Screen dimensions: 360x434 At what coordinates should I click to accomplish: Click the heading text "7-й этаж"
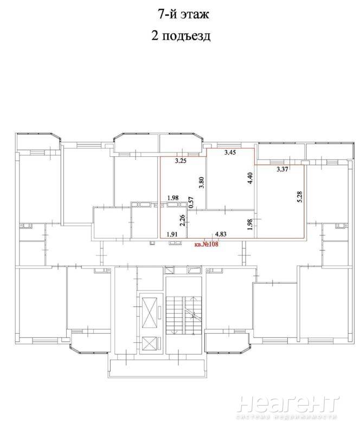tap(183, 14)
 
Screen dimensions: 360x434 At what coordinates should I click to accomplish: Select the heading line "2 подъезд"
tap(181, 36)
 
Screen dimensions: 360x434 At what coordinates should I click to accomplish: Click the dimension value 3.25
tap(181, 161)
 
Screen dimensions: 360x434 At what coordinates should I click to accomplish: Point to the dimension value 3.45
tap(230, 152)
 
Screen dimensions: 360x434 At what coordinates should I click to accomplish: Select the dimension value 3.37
tap(282, 169)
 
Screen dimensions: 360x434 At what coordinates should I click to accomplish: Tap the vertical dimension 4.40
tap(250, 178)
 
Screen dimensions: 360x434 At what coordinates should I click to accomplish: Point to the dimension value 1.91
tap(172, 234)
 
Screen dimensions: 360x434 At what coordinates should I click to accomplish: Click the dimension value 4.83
tap(221, 234)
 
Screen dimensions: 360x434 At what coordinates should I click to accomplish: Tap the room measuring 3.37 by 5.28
tap(281, 201)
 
